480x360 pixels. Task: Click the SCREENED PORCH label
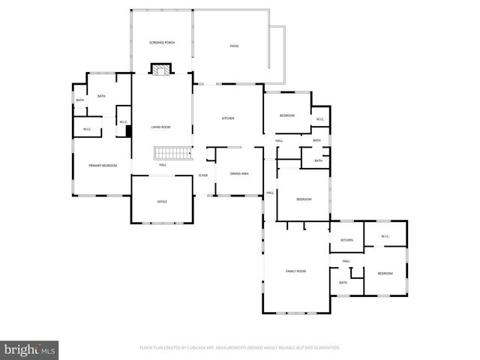(162, 43)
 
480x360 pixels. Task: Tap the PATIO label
(235, 46)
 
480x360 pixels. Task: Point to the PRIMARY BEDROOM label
(103, 165)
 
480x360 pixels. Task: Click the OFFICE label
(162, 202)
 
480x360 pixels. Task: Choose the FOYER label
(202, 175)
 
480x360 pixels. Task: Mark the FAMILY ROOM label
(295, 271)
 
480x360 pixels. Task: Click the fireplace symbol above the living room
(159, 70)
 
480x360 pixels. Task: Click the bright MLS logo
(30, 349)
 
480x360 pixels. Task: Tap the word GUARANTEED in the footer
(325, 348)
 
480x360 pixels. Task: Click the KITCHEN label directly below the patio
(227, 118)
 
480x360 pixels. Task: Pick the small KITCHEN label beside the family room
(346, 240)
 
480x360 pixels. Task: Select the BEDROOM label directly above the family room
(303, 199)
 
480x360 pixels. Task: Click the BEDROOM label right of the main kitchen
(287, 115)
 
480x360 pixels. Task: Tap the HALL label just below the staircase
(162, 165)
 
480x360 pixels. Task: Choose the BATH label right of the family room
(343, 283)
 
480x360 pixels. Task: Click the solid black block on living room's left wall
(129, 130)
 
